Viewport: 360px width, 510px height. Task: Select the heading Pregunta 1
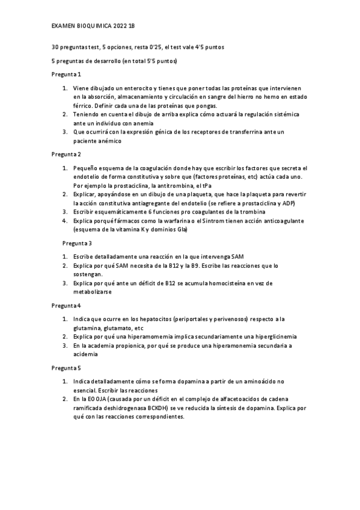66,75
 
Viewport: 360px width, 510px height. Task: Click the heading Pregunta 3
78,243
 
